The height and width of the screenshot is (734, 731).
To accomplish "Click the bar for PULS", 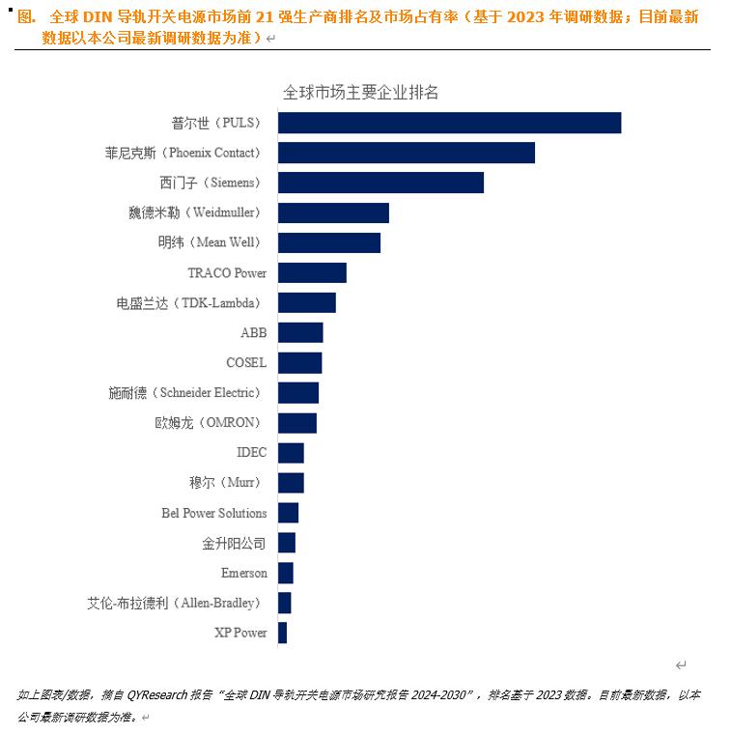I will click(x=449, y=123).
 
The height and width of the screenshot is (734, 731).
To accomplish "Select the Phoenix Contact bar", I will click(x=406, y=153).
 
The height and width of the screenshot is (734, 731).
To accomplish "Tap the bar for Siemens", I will click(x=380, y=183).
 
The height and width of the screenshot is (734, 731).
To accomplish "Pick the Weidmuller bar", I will click(x=333, y=212).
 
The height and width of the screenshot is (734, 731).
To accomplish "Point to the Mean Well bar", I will click(x=328, y=242).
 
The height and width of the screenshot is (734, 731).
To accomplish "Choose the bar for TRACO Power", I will click(x=312, y=272).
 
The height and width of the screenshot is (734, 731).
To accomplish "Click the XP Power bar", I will click(x=282, y=633).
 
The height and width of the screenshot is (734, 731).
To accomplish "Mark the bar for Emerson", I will click(x=285, y=573).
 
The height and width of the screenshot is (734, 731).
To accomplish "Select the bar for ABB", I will click(x=300, y=332).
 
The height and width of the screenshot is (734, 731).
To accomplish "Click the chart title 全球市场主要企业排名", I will click(x=360, y=93).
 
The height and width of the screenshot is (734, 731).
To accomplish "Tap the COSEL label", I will click(x=246, y=363).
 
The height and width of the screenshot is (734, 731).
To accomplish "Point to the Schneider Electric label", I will click(x=185, y=393).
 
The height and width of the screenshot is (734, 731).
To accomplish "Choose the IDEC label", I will click(x=251, y=453).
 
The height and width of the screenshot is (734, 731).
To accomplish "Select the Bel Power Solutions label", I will click(x=214, y=513).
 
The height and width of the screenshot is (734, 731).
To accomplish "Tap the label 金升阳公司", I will click(x=234, y=543).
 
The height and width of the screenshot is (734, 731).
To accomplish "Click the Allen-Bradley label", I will click(x=177, y=603).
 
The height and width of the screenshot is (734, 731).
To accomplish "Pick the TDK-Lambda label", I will click(x=189, y=303).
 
